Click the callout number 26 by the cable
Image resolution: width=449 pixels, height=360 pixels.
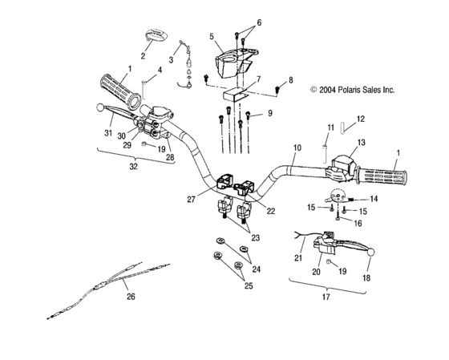131,297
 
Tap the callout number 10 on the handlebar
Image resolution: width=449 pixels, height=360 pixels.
297,148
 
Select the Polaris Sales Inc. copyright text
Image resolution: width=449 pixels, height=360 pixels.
353,90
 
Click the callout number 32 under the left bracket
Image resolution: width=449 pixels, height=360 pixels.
134,167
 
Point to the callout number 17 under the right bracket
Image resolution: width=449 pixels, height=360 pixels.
326,297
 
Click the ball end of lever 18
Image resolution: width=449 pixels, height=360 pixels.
371,253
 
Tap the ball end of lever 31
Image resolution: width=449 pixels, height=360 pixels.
100,107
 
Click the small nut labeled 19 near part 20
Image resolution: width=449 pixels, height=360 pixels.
329,261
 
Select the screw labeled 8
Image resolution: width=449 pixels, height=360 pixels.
277,89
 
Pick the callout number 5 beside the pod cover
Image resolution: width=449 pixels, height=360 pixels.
212,37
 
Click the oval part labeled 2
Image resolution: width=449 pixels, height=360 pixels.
156,34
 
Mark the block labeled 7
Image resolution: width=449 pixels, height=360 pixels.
235,95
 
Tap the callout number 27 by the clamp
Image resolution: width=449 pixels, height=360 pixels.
192,200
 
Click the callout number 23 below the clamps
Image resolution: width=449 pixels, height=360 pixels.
256,237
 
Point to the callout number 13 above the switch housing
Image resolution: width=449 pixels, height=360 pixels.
362,142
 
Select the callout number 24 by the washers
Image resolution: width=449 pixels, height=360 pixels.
257,269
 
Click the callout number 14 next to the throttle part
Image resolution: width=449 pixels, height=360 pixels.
374,199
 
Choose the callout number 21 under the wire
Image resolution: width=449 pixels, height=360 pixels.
298,258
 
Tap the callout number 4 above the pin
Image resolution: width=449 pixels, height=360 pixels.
160,70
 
